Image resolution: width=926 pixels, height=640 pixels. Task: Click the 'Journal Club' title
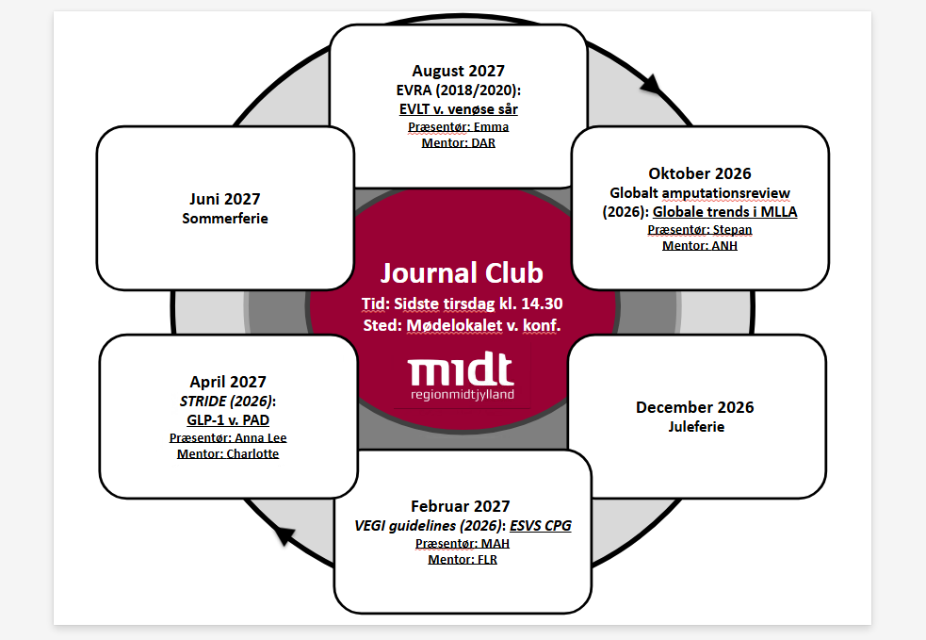click(462, 273)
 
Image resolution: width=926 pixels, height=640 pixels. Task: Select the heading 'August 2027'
click(458, 71)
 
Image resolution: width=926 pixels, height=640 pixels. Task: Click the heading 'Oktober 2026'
click(700, 173)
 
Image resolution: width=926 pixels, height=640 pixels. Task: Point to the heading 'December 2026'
click(695, 407)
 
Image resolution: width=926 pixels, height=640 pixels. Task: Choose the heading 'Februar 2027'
click(460, 506)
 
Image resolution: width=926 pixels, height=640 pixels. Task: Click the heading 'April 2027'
click(228, 382)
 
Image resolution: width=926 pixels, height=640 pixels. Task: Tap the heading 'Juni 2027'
click(225, 199)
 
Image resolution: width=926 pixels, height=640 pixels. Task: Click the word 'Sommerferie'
click(225, 219)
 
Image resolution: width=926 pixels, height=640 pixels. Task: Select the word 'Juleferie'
click(696, 427)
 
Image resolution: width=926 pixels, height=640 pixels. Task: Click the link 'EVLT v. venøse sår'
click(458, 109)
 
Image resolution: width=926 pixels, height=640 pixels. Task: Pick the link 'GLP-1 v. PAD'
click(228, 420)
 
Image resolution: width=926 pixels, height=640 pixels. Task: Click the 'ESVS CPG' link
click(541, 525)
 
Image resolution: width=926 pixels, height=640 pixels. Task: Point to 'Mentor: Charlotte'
click(228, 454)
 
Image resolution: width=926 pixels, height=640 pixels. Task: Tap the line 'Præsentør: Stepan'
click(700, 229)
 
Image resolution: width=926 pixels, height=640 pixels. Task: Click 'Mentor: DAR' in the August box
click(458, 142)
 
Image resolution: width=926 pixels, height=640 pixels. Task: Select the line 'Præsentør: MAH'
click(463, 543)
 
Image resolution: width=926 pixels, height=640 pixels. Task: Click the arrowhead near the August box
click(651, 85)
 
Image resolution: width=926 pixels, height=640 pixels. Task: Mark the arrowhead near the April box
click(284, 534)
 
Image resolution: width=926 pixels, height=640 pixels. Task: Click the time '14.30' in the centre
click(542, 304)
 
